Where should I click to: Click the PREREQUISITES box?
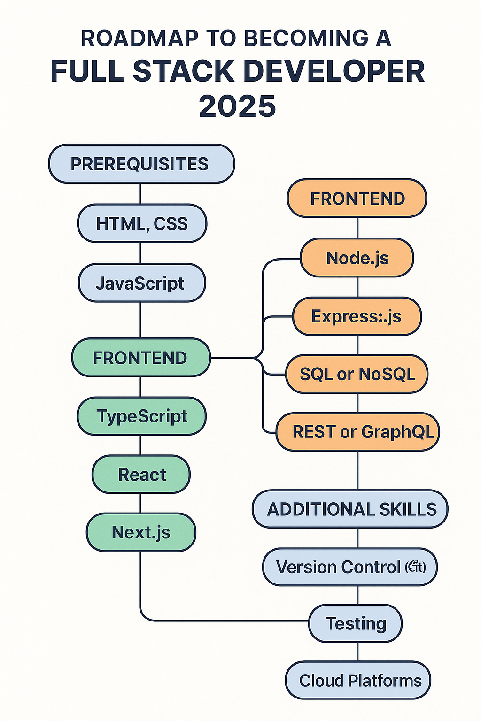pos(141,164)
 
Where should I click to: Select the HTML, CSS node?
pos(142,223)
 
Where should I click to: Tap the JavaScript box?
pos(141,283)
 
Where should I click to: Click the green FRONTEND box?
pos(140,358)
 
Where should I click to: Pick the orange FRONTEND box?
pos(357,199)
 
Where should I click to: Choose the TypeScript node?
pos(141,416)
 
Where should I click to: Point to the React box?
pos(141,475)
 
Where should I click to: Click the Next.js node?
pos(141,532)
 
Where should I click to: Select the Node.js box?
pos(357,258)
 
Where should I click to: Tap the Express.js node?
pos(357,316)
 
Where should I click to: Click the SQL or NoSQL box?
pos(357,374)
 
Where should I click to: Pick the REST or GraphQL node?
pos(358,432)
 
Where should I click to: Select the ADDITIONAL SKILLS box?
pos(350,509)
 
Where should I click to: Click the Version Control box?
pos(350,567)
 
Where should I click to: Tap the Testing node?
pos(356,623)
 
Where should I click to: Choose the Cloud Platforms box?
pos(358,681)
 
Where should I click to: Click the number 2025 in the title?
pos(237,106)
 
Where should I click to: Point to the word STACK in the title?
pos(183,71)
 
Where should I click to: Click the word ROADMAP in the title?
pos(140,38)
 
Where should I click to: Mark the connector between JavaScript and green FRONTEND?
pos(140,320)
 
